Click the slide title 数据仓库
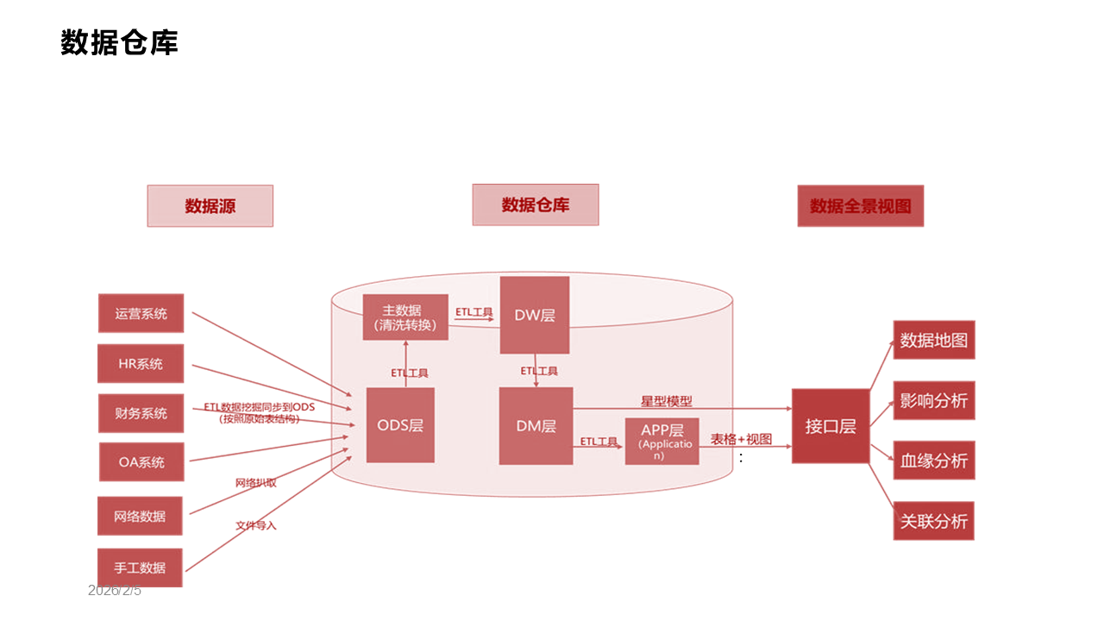pyautogui.click(x=119, y=42)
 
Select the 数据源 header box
pyautogui.click(x=210, y=206)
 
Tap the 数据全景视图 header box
pyautogui.click(x=860, y=206)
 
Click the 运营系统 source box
pyautogui.click(x=141, y=313)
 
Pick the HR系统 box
pyautogui.click(x=141, y=364)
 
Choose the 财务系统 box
pyautogui.click(x=141, y=413)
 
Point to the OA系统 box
pyautogui.click(x=141, y=462)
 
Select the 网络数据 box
pyautogui.click(x=140, y=516)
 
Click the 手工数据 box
pyautogui.click(x=140, y=568)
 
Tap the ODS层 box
pyautogui.click(x=400, y=425)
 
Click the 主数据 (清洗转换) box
pyautogui.click(x=405, y=317)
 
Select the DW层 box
pyautogui.click(x=535, y=316)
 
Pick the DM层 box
pyautogui.click(x=536, y=426)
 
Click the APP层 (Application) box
pyautogui.click(x=662, y=442)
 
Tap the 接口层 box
pyautogui.click(x=830, y=426)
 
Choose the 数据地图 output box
pyautogui.click(x=933, y=340)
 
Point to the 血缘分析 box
pyautogui.click(x=933, y=461)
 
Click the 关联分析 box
pyautogui.click(x=933, y=521)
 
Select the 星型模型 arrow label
pyautogui.click(x=666, y=401)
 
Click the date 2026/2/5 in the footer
pyautogui.click(x=115, y=591)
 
